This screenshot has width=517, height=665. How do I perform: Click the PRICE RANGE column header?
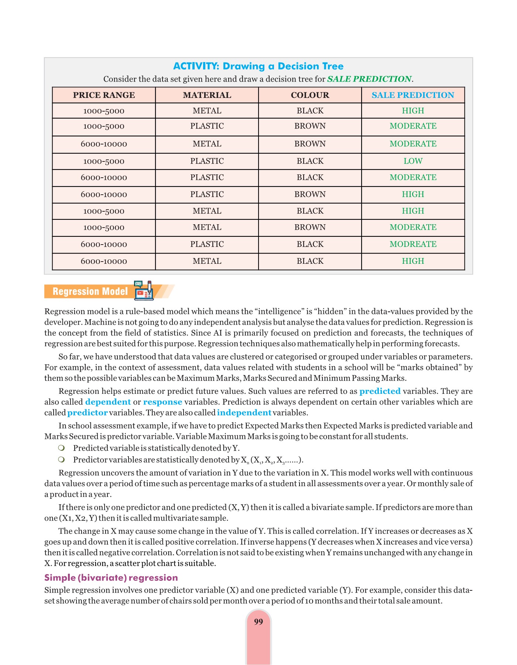click(104, 95)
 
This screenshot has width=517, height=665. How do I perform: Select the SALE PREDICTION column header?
click(412, 95)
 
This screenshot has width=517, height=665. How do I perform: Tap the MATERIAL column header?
click(207, 95)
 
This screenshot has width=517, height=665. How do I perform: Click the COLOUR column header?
click(310, 95)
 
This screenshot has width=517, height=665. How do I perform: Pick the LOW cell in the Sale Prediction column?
click(412, 161)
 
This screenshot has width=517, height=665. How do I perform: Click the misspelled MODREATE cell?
click(412, 244)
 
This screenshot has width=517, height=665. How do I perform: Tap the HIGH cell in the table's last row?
click(412, 261)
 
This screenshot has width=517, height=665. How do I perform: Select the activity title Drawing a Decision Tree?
click(258, 66)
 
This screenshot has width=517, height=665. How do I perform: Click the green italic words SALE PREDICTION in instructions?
click(369, 79)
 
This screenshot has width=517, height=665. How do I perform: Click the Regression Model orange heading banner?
click(90, 291)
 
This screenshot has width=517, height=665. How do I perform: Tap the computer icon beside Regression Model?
click(144, 290)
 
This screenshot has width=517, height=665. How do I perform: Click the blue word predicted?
click(380, 391)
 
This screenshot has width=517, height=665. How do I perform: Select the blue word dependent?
click(108, 402)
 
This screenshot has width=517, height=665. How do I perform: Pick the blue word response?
click(162, 402)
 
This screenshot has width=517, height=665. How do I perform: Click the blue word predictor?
click(87, 413)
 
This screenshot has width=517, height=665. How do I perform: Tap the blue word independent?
click(244, 413)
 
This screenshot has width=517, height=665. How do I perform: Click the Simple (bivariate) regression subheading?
click(111, 577)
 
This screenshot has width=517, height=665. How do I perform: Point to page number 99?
click(258, 622)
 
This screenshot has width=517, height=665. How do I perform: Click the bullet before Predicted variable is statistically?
click(62, 448)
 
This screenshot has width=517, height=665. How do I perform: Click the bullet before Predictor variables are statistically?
click(62, 460)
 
